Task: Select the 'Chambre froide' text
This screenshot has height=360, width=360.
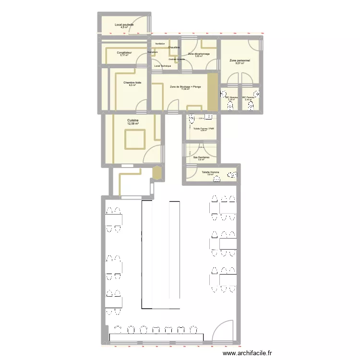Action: (x=132, y=83)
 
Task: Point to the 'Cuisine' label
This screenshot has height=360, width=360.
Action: (x=132, y=120)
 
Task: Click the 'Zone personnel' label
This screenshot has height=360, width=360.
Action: (x=240, y=60)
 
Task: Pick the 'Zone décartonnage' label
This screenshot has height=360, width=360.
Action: (x=199, y=54)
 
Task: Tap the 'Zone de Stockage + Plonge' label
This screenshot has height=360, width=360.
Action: (x=185, y=86)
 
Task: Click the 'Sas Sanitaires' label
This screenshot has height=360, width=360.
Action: (x=201, y=156)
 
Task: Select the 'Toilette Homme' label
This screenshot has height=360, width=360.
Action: (x=210, y=171)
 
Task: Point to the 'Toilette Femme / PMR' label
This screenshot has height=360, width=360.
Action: (x=203, y=128)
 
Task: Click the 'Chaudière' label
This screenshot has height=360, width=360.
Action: (x=174, y=47)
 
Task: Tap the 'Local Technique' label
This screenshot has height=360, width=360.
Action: (x=163, y=66)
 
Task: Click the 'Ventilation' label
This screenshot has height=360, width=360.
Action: (x=160, y=44)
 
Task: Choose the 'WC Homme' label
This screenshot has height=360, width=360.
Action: (x=231, y=97)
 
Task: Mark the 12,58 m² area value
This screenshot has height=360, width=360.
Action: (x=132, y=124)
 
